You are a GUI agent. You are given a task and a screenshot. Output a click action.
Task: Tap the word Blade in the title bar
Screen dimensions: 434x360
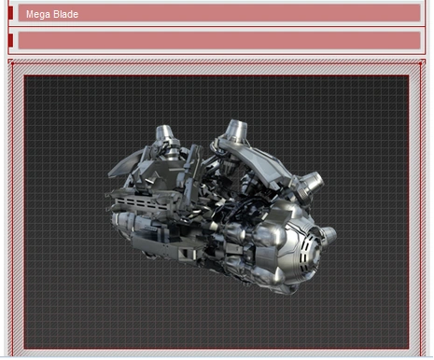(x=64, y=14)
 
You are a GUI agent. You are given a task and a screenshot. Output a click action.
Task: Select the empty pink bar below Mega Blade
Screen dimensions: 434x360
(x=219, y=40)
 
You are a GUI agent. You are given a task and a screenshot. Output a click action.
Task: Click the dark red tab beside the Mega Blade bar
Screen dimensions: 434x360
(x=10, y=13)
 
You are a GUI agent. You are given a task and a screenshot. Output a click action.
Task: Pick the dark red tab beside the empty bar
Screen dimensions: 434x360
(x=10, y=40)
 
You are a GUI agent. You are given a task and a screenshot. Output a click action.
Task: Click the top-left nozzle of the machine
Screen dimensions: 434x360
(x=164, y=133)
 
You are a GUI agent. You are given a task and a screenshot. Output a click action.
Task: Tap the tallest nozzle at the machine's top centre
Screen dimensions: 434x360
(x=236, y=130)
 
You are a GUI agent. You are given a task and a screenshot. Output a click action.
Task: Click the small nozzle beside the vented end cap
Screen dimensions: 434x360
(x=329, y=236)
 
